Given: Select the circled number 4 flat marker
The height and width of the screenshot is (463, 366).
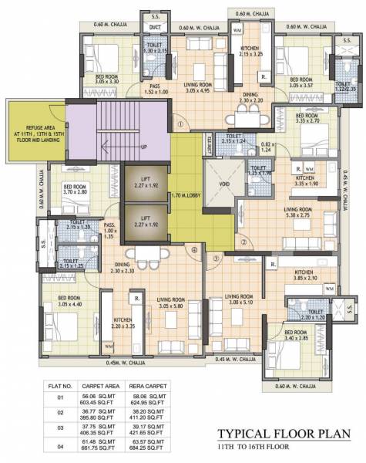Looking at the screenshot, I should click(194, 249).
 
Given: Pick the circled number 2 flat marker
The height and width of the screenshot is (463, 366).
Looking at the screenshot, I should click(243, 242).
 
